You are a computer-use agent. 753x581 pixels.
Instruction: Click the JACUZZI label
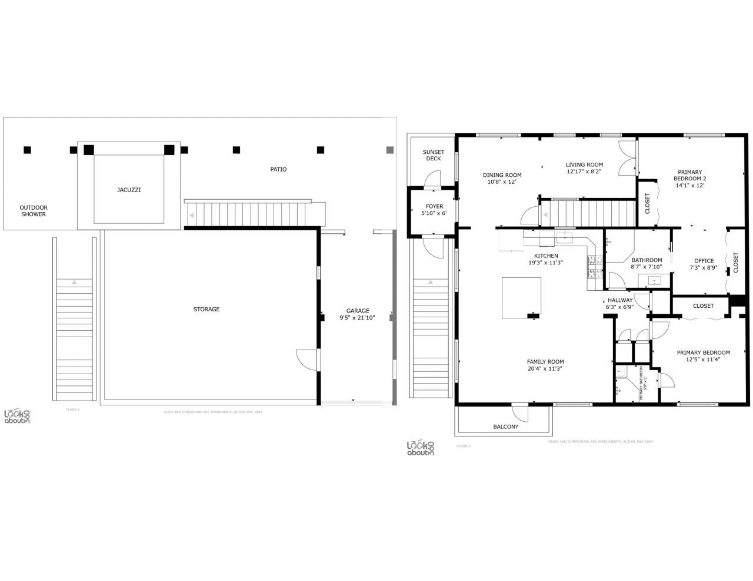tap(128, 190)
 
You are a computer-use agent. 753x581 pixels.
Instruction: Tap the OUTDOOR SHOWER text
tap(34, 211)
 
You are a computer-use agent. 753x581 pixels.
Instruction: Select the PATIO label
tap(278, 169)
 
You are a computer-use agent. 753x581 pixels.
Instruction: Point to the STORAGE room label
tap(206, 309)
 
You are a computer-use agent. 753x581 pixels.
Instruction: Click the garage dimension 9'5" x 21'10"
tap(357, 318)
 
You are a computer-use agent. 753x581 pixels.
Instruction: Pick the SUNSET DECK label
tap(433, 155)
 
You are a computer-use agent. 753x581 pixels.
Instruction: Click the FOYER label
tap(434, 206)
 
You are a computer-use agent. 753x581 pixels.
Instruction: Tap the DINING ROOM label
tap(502, 174)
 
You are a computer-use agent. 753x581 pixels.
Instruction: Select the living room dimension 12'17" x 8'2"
tap(584, 172)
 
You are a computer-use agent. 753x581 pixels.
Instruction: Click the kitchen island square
tap(521, 297)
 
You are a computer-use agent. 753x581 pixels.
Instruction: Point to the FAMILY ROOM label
tap(545, 362)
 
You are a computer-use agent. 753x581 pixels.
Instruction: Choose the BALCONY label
tap(505, 426)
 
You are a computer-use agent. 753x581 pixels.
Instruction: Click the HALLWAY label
tap(620, 300)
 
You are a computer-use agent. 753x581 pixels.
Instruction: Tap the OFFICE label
tap(704, 261)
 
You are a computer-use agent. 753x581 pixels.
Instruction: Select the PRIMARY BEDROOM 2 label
tap(689, 175)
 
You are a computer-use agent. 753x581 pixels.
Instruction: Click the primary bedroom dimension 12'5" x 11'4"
tap(703, 360)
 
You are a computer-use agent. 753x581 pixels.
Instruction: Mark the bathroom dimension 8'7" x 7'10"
tap(647, 267)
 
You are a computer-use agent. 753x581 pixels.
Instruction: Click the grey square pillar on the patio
tap(389, 150)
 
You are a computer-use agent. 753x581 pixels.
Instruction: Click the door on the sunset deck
tap(433, 179)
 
